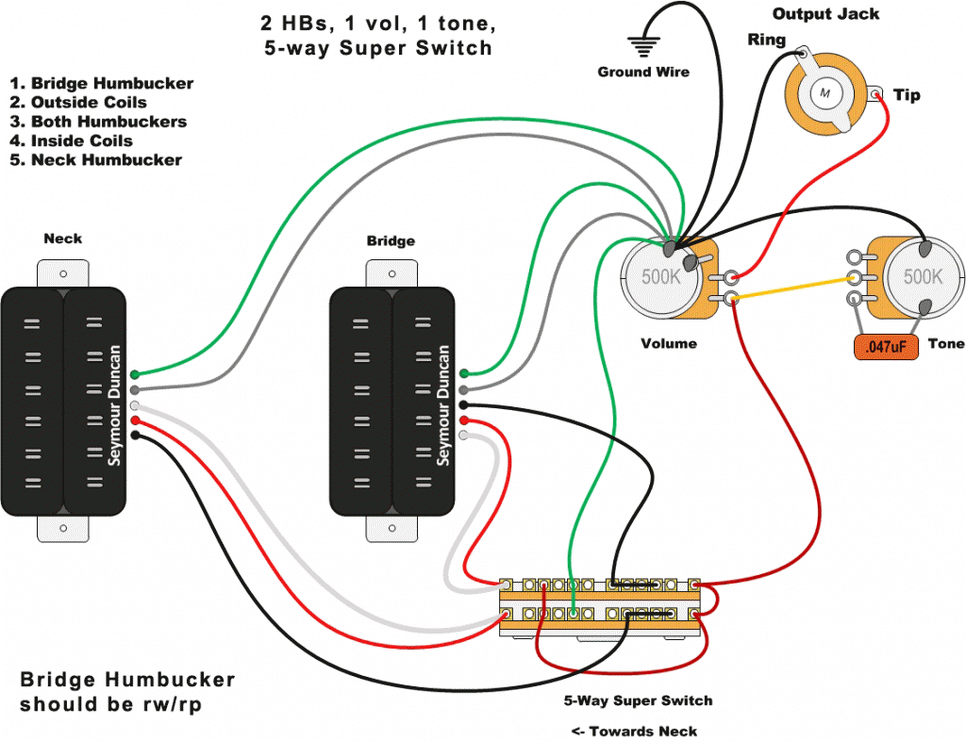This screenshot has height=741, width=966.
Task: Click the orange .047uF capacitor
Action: tap(886, 347)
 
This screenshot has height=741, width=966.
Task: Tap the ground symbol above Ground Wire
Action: tap(643, 46)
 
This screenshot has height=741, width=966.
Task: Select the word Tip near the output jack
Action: tap(907, 95)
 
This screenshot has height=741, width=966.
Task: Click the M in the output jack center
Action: tap(825, 92)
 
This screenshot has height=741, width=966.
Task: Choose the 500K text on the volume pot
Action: tap(659, 277)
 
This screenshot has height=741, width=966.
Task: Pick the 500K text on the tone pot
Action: tap(922, 277)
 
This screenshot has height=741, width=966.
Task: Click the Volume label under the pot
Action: tap(669, 343)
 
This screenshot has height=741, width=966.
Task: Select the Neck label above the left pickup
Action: tap(62, 239)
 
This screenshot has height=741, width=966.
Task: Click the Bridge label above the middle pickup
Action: tap(391, 241)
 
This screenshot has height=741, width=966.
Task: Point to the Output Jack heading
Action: tap(825, 14)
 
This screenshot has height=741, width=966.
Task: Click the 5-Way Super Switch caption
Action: tap(638, 700)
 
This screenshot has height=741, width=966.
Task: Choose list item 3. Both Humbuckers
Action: tap(98, 122)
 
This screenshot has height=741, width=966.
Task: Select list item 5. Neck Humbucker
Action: tap(96, 159)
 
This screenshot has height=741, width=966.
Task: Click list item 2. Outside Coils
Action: tap(79, 102)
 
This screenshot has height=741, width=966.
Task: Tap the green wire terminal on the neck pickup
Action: tap(136, 374)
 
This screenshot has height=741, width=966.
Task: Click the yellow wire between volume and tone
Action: tap(792, 288)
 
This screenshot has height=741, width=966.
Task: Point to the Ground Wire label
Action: tap(643, 72)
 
